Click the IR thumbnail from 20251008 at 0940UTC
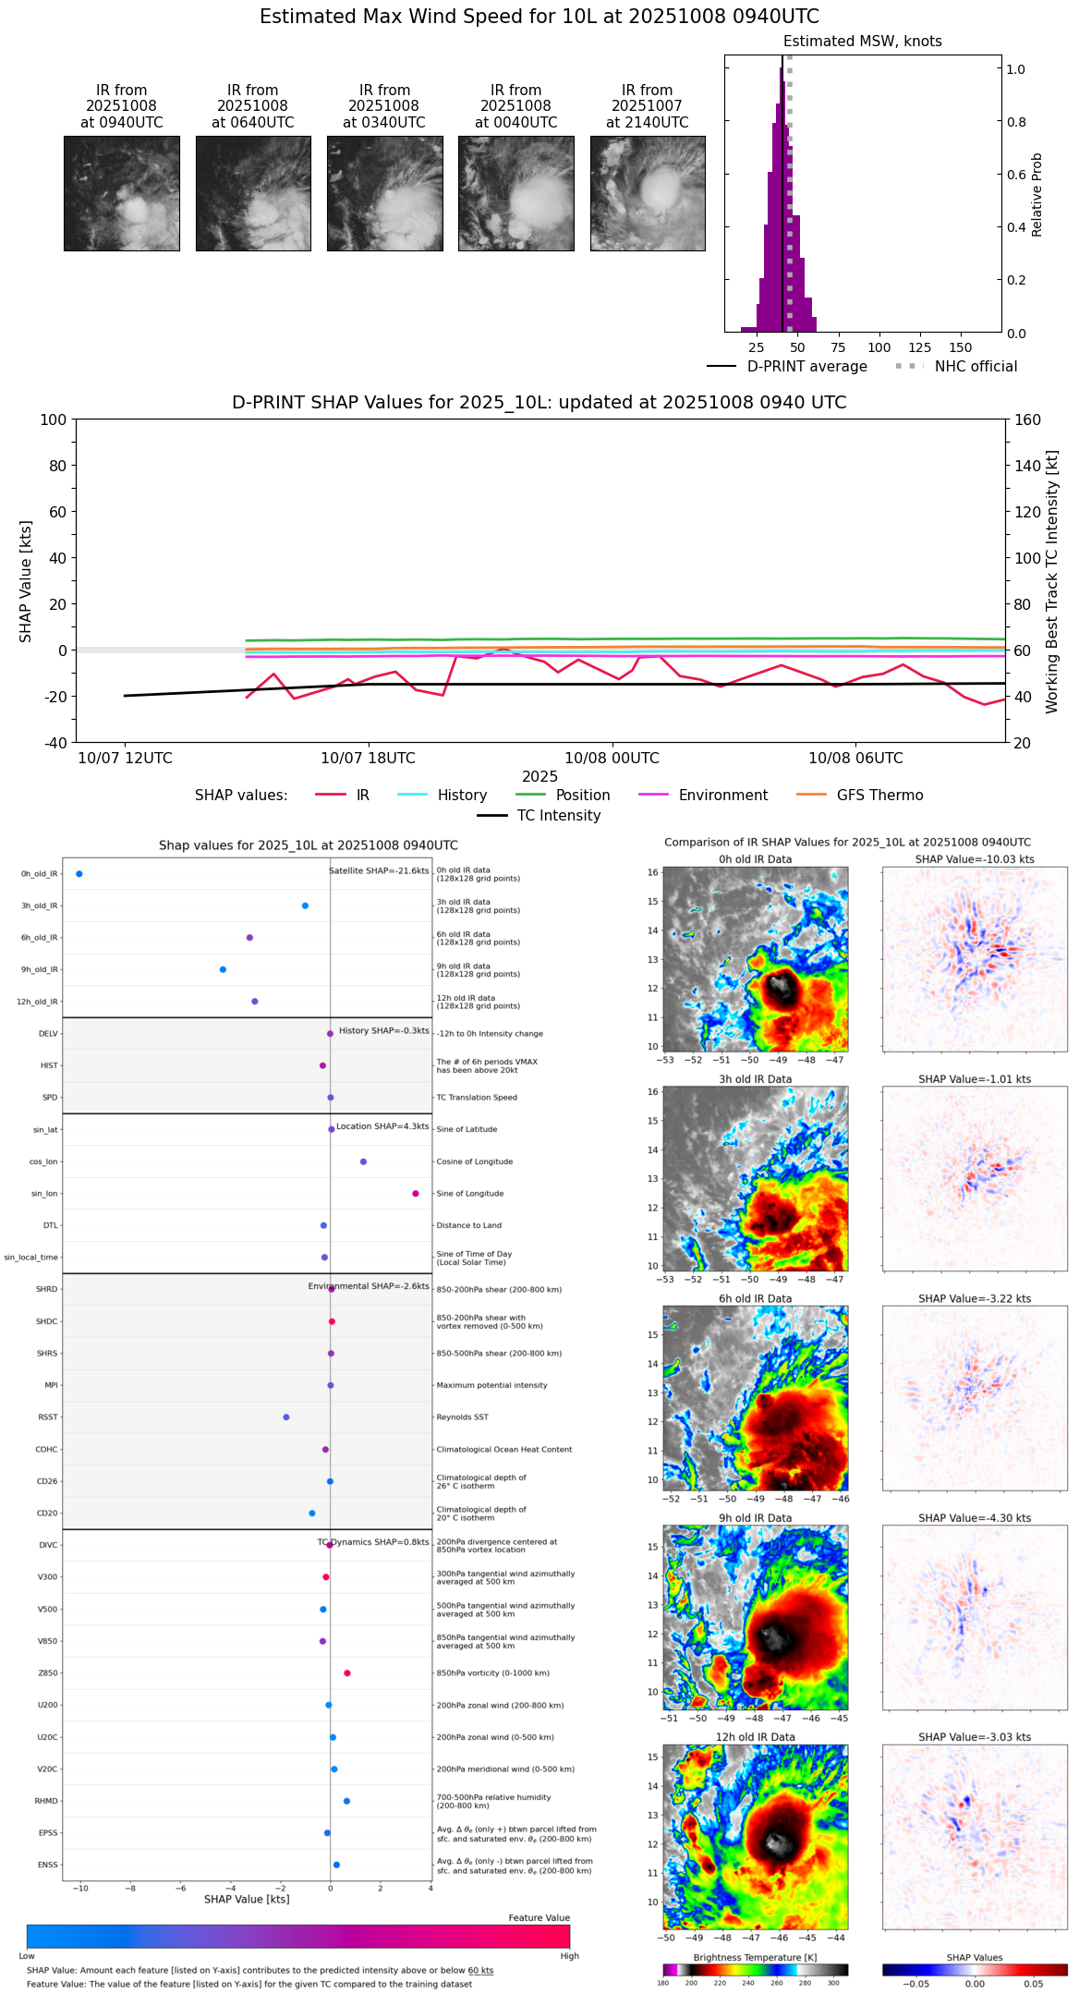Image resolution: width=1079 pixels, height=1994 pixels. pyautogui.click(x=121, y=193)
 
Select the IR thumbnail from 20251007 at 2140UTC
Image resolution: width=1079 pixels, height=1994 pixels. pyautogui.click(x=647, y=193)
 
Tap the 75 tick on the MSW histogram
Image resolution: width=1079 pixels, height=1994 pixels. pyautogui.click(x=838, y=347)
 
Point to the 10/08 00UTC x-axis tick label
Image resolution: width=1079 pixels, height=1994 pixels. pyautogui.click(x=612, y=759)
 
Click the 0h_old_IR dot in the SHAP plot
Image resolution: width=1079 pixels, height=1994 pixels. pyautogui.click(x=79, y=874)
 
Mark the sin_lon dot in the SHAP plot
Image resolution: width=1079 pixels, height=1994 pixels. pyautogui.click(x=416, y=1194)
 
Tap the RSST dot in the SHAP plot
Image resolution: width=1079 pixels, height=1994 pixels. pyautogui.click(x=286, y=1417)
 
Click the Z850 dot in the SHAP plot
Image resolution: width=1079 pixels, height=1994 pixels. pyautogui.click(x=347, y=1673)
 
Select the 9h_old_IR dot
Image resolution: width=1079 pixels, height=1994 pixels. pyautogui.click(x=224, y=970)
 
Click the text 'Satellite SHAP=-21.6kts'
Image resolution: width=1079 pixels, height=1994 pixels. pyautogui.click(x=379, y=871)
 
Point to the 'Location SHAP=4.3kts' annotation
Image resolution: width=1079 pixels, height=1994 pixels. pyautogui.click(x=382, y=1126)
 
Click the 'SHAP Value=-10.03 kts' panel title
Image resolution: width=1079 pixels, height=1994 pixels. pyautogui.click(x=975, y=859)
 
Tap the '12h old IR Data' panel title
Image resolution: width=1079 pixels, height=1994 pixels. pyautogui.click(x=755, y=1737)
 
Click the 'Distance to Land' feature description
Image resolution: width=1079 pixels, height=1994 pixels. pyautogui.click(x=469, y=1226)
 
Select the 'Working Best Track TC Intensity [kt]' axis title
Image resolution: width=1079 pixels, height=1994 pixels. pyautogui.click(x=1052, y=582)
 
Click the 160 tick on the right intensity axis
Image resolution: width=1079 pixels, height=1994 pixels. pyautogui.click(x=1028, y=420)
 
